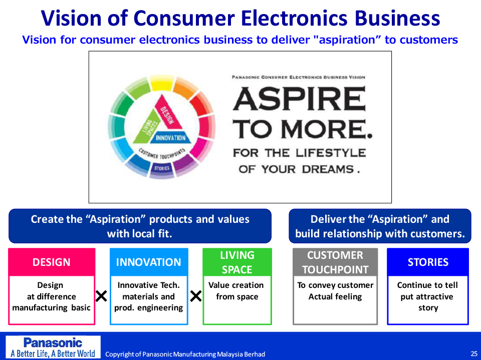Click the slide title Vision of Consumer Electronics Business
pyautogui.click(x=241, y=18)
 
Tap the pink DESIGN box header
pyautogui.click(x=52, y=262)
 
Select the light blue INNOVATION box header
pyautogui.click(x=149, y=262)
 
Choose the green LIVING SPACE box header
pyautogui.click(x=237, y=262)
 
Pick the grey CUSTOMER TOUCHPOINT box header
pyautogui.click(x=335, y=262)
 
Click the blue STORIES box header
pyautogui.click(x=428, y=262)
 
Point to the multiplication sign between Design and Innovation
pyautogui.click(x=101, y=296)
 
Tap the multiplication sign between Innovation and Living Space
pyautogui.click(x=196, y=296)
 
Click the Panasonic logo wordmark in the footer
pyautogui.click(x=53, y=342)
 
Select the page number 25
pyautogui.click(x=474, y=353)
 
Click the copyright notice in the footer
pyautogui.click(x=185, y=354)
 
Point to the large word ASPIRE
pyautogui.click(x=300, y=99)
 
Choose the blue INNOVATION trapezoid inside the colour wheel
pyautogui.click(x=170, y=138)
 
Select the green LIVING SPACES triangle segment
pyautogui.click(x=147, y=129)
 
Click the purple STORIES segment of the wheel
pyautogui.click(x=162, y=169)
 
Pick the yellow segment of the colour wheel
pyautogui.click(x=162, y=83)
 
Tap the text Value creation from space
pyautogui.click(x=236, y=291)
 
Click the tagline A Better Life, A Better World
pyautogui.click(x=53, y=353)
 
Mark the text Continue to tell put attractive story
pyautogui.click(x=427, y=296)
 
